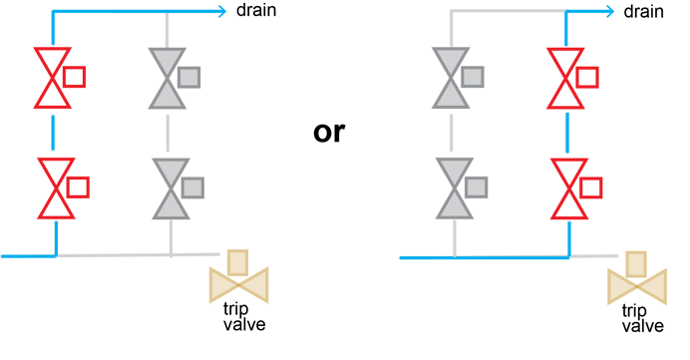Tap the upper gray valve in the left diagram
(167, 78)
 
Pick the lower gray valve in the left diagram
(171, 187)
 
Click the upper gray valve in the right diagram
(452, 78)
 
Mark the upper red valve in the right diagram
(566, 78)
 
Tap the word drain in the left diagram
(256, 11)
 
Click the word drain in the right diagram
(644, 11)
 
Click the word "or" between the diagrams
(328, 132)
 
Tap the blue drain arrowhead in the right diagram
(610, 12)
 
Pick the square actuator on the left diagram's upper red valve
(75, 76)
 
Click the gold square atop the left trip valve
(237, 262)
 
